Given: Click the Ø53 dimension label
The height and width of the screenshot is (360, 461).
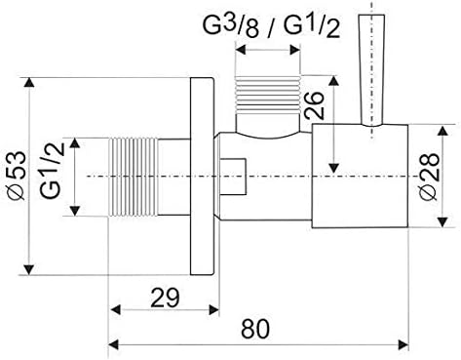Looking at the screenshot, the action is tap(16, 176).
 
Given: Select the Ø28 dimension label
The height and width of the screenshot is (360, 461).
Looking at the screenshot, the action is tap(429, 177).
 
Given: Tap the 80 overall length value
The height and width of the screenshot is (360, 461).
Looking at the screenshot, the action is tap(255, 329).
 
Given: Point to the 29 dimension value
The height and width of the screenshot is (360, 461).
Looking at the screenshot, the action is tap(165, 298).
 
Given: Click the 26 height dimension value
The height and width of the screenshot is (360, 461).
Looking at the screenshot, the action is tap(314, 105).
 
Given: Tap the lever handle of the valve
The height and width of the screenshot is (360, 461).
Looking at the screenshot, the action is tap(371, 70).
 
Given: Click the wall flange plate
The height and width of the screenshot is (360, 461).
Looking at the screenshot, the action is tap(202, 177).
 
